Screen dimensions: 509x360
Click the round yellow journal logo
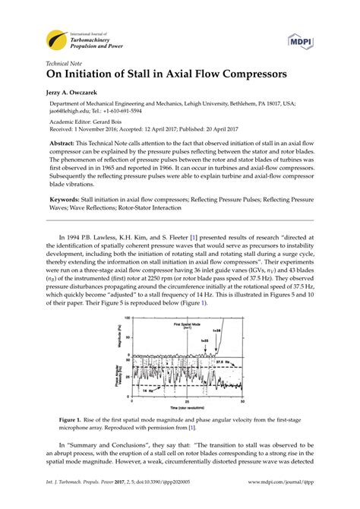pyautogui.click(x=56, y=39)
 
